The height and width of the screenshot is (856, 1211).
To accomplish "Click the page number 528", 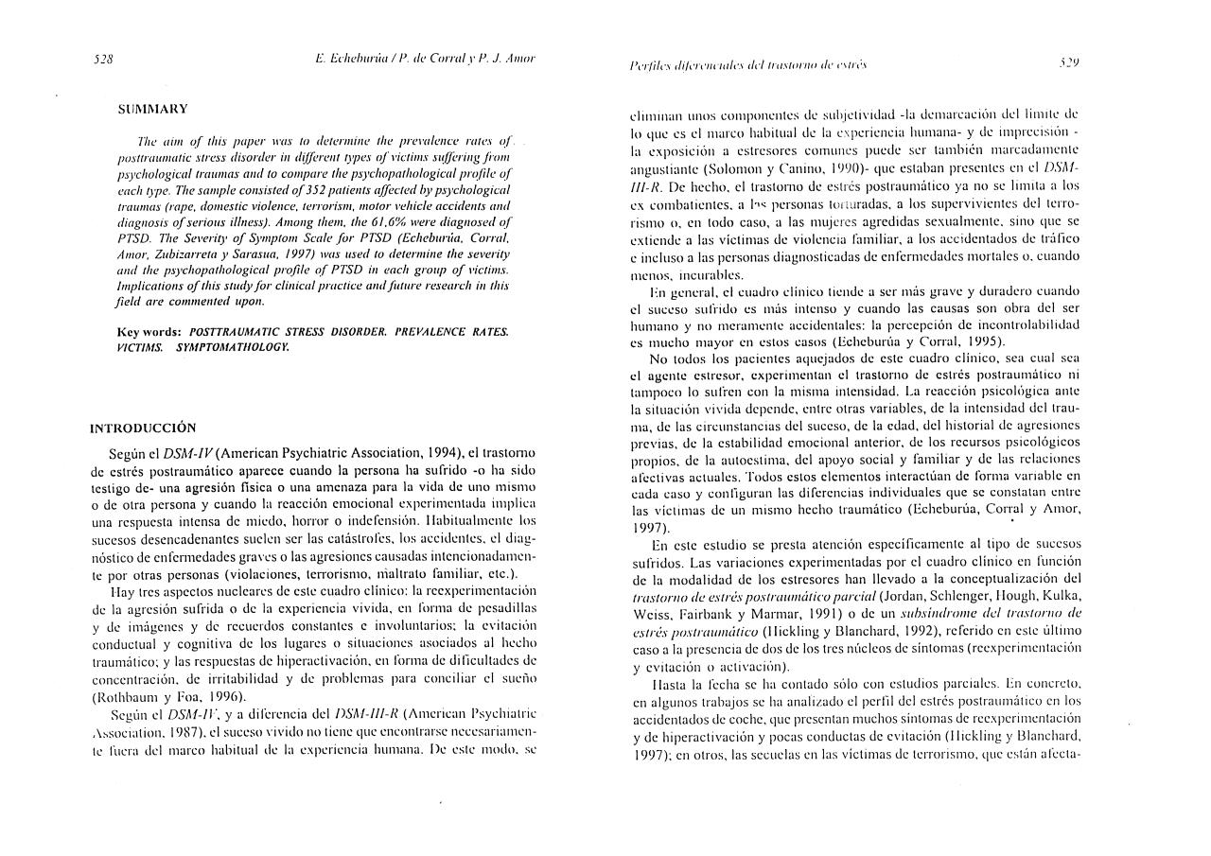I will point(104,59).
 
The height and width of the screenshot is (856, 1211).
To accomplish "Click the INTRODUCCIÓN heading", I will point(143,428).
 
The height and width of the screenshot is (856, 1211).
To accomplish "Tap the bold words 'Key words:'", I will point(149,332).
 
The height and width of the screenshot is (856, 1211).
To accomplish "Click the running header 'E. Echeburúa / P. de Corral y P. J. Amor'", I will point(425,59).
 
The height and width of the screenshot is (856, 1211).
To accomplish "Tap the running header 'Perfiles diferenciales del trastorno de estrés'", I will point(748,64).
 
